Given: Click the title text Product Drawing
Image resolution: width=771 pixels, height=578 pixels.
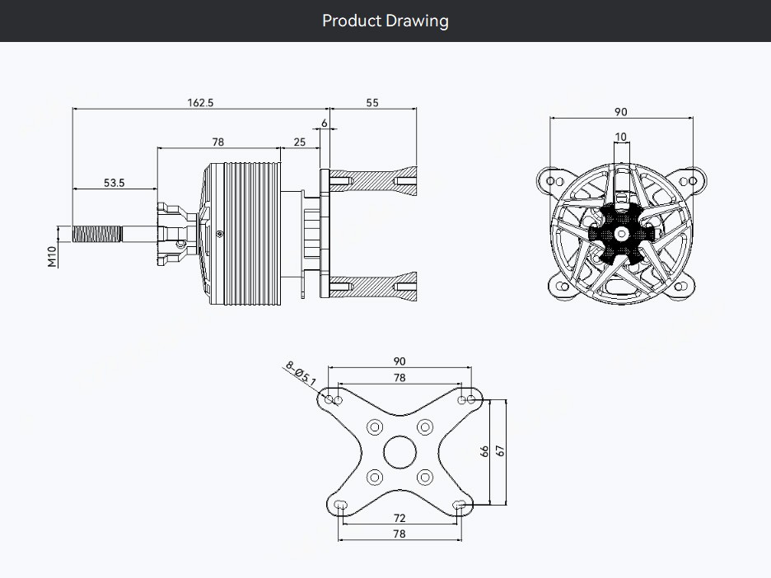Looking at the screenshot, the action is pyautogui.click(x=385, y=21).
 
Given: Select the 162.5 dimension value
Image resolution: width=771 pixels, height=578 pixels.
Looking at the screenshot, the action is pyautogui.click(x=201, y=103).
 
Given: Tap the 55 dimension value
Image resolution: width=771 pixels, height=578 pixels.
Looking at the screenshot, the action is pyautogui.click(x=372, y=103).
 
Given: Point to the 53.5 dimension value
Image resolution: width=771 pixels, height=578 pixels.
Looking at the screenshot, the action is pyautogui.click(x=114, y=183).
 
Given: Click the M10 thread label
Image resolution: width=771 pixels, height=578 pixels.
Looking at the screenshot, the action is pyautogui.click(x=52, y=257).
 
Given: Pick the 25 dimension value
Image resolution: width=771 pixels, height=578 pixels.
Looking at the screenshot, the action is pyautogui.click(x=300, y=142).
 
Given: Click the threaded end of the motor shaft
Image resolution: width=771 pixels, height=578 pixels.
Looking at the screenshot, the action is pyautogui.click(x=97, y=234).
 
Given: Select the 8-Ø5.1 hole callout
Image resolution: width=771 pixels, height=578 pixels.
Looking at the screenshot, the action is pyautogui.click(x=301, y=374).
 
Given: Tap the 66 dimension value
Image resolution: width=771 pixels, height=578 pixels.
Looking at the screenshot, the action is pyautogui.click(x=484, y=451).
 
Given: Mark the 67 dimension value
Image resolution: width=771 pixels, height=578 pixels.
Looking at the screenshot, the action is pyautogui.click(x=500, y=450).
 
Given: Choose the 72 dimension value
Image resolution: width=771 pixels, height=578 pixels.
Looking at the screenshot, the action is pyautogui.click(x=400, y=518).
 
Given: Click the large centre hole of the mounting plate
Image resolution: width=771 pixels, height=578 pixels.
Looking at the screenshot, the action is pyautogui.click(x=400, y=452).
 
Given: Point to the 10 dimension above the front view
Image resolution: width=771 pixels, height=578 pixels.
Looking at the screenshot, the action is pyautogui.click(x=621, y=137).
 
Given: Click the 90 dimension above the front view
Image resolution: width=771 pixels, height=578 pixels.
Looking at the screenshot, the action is pyautogui.click(x=621, y=112).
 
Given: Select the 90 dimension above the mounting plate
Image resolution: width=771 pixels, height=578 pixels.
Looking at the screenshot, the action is pyautogui.click(x=400, y=361).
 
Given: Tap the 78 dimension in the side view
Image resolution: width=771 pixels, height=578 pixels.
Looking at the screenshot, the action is pyautogui.click(x=217, y=142).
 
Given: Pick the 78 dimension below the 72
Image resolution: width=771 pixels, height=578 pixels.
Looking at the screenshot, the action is pyautogui.click(x=400, y=534).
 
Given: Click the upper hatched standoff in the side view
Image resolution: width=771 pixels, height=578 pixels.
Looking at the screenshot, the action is pyautogui.click(x=372, y=181).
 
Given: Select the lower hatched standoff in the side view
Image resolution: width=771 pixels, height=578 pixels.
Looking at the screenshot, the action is pyautogui.click(x=372, y=286).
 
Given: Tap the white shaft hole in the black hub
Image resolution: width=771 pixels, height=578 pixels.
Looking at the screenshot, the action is pyautogui.click(x=622, y=234).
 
